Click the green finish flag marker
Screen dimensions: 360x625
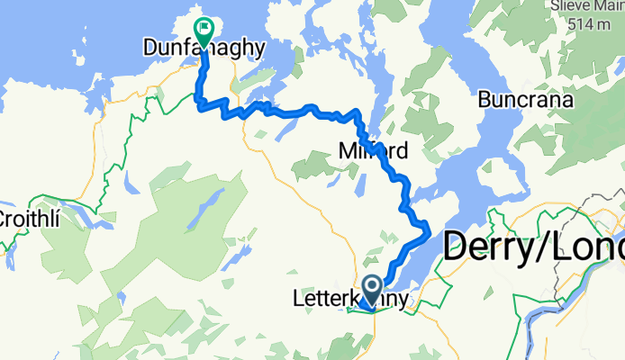click(x=202, y=31)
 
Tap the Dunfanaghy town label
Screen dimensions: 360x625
click(x=205, y=48)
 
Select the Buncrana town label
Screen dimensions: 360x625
click(x=527, y=100)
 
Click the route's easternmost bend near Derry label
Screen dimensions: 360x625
click(x=426, y=231)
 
